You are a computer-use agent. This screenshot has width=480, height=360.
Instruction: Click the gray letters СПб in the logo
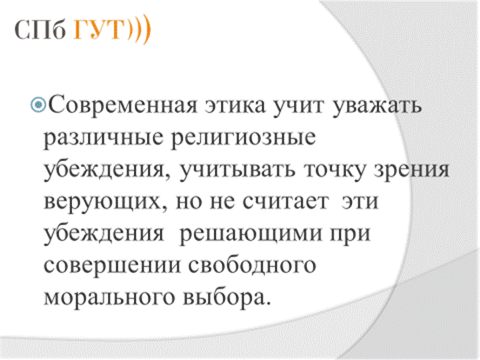click(x=40, y=30)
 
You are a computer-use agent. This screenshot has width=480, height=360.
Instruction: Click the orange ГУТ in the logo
click(x=99, y=30)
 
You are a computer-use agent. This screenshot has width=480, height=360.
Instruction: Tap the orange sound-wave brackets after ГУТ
click(x=138, y=30)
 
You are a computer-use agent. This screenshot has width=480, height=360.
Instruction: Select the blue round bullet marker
click(x=38, y=104)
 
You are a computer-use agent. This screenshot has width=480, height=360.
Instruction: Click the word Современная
click(x=123, y=105)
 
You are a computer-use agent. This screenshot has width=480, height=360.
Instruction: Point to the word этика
click(x=235, y=106)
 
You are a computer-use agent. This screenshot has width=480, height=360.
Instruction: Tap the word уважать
click(x=377, y=106)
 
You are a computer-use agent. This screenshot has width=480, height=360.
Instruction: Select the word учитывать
click(x=237, y=170)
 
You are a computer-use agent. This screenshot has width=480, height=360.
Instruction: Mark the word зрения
click(x=411, y=170)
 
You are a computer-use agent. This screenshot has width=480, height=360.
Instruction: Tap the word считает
click(x=285, y=202)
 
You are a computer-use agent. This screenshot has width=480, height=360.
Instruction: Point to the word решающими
click(x=250, y=235)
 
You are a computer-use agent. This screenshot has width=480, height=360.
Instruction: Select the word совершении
click(x=112, y=266)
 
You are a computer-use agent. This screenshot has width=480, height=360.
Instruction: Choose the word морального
click(x=110, y=297)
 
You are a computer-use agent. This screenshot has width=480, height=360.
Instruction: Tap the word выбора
click(x=227, y=297)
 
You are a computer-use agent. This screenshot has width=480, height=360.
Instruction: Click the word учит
click(x=298, y=106)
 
